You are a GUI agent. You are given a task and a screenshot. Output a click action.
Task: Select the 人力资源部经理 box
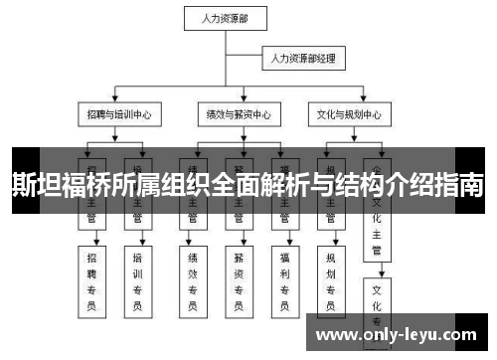click(x=303, y=60)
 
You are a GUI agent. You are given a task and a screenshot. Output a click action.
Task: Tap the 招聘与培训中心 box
click(x=118, y=114)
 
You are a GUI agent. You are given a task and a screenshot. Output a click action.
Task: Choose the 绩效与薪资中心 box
click(x=237, y=114)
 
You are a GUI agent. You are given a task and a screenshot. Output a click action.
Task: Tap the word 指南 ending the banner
click(x=462, y=184)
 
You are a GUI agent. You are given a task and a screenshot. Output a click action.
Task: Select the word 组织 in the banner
click(x=183, y=184)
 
